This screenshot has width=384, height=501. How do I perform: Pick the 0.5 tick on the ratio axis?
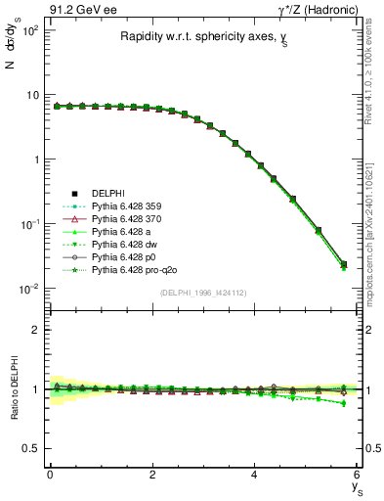point(31,448)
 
